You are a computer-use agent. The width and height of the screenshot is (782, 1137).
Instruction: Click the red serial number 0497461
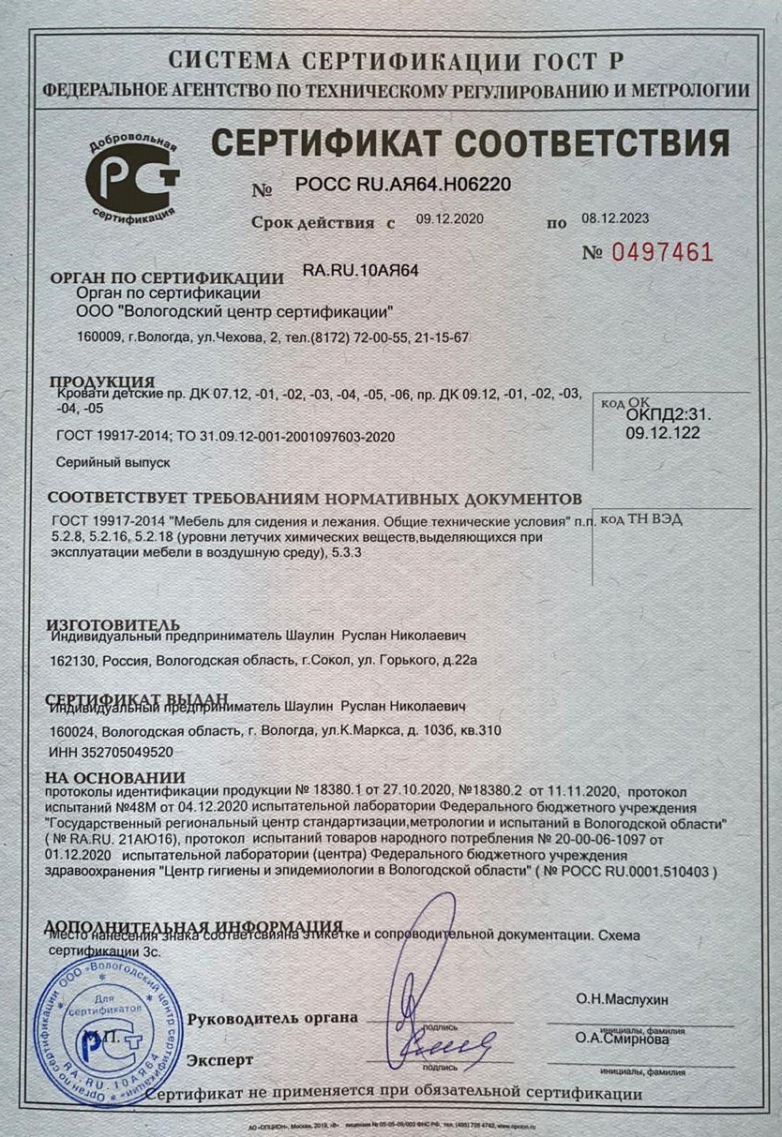(662, 252)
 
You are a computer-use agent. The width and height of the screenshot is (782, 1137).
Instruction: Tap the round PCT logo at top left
(132, 176)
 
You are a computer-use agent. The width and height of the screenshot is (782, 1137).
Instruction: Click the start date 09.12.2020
(448, 219)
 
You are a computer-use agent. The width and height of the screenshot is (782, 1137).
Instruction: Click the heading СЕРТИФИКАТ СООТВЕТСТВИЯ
(470, 142)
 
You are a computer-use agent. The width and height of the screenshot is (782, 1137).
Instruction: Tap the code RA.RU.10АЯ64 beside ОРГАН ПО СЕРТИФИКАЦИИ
(361, 270)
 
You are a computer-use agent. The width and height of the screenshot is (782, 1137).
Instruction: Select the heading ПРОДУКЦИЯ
(101, 381)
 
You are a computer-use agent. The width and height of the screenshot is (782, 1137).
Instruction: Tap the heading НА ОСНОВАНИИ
(115, 777)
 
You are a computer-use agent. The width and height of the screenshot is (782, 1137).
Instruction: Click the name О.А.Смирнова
(621, 1039)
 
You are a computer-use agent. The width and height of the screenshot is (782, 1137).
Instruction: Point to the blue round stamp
(108, 1029)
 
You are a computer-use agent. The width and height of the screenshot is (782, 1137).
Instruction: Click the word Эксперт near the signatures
(219, 1060)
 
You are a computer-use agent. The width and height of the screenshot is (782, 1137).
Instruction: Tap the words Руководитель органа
(272, 1018)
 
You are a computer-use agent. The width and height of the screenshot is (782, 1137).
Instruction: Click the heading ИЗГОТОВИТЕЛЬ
(113, 623)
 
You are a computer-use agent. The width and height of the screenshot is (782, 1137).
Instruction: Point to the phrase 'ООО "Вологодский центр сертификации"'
(233, 312)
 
